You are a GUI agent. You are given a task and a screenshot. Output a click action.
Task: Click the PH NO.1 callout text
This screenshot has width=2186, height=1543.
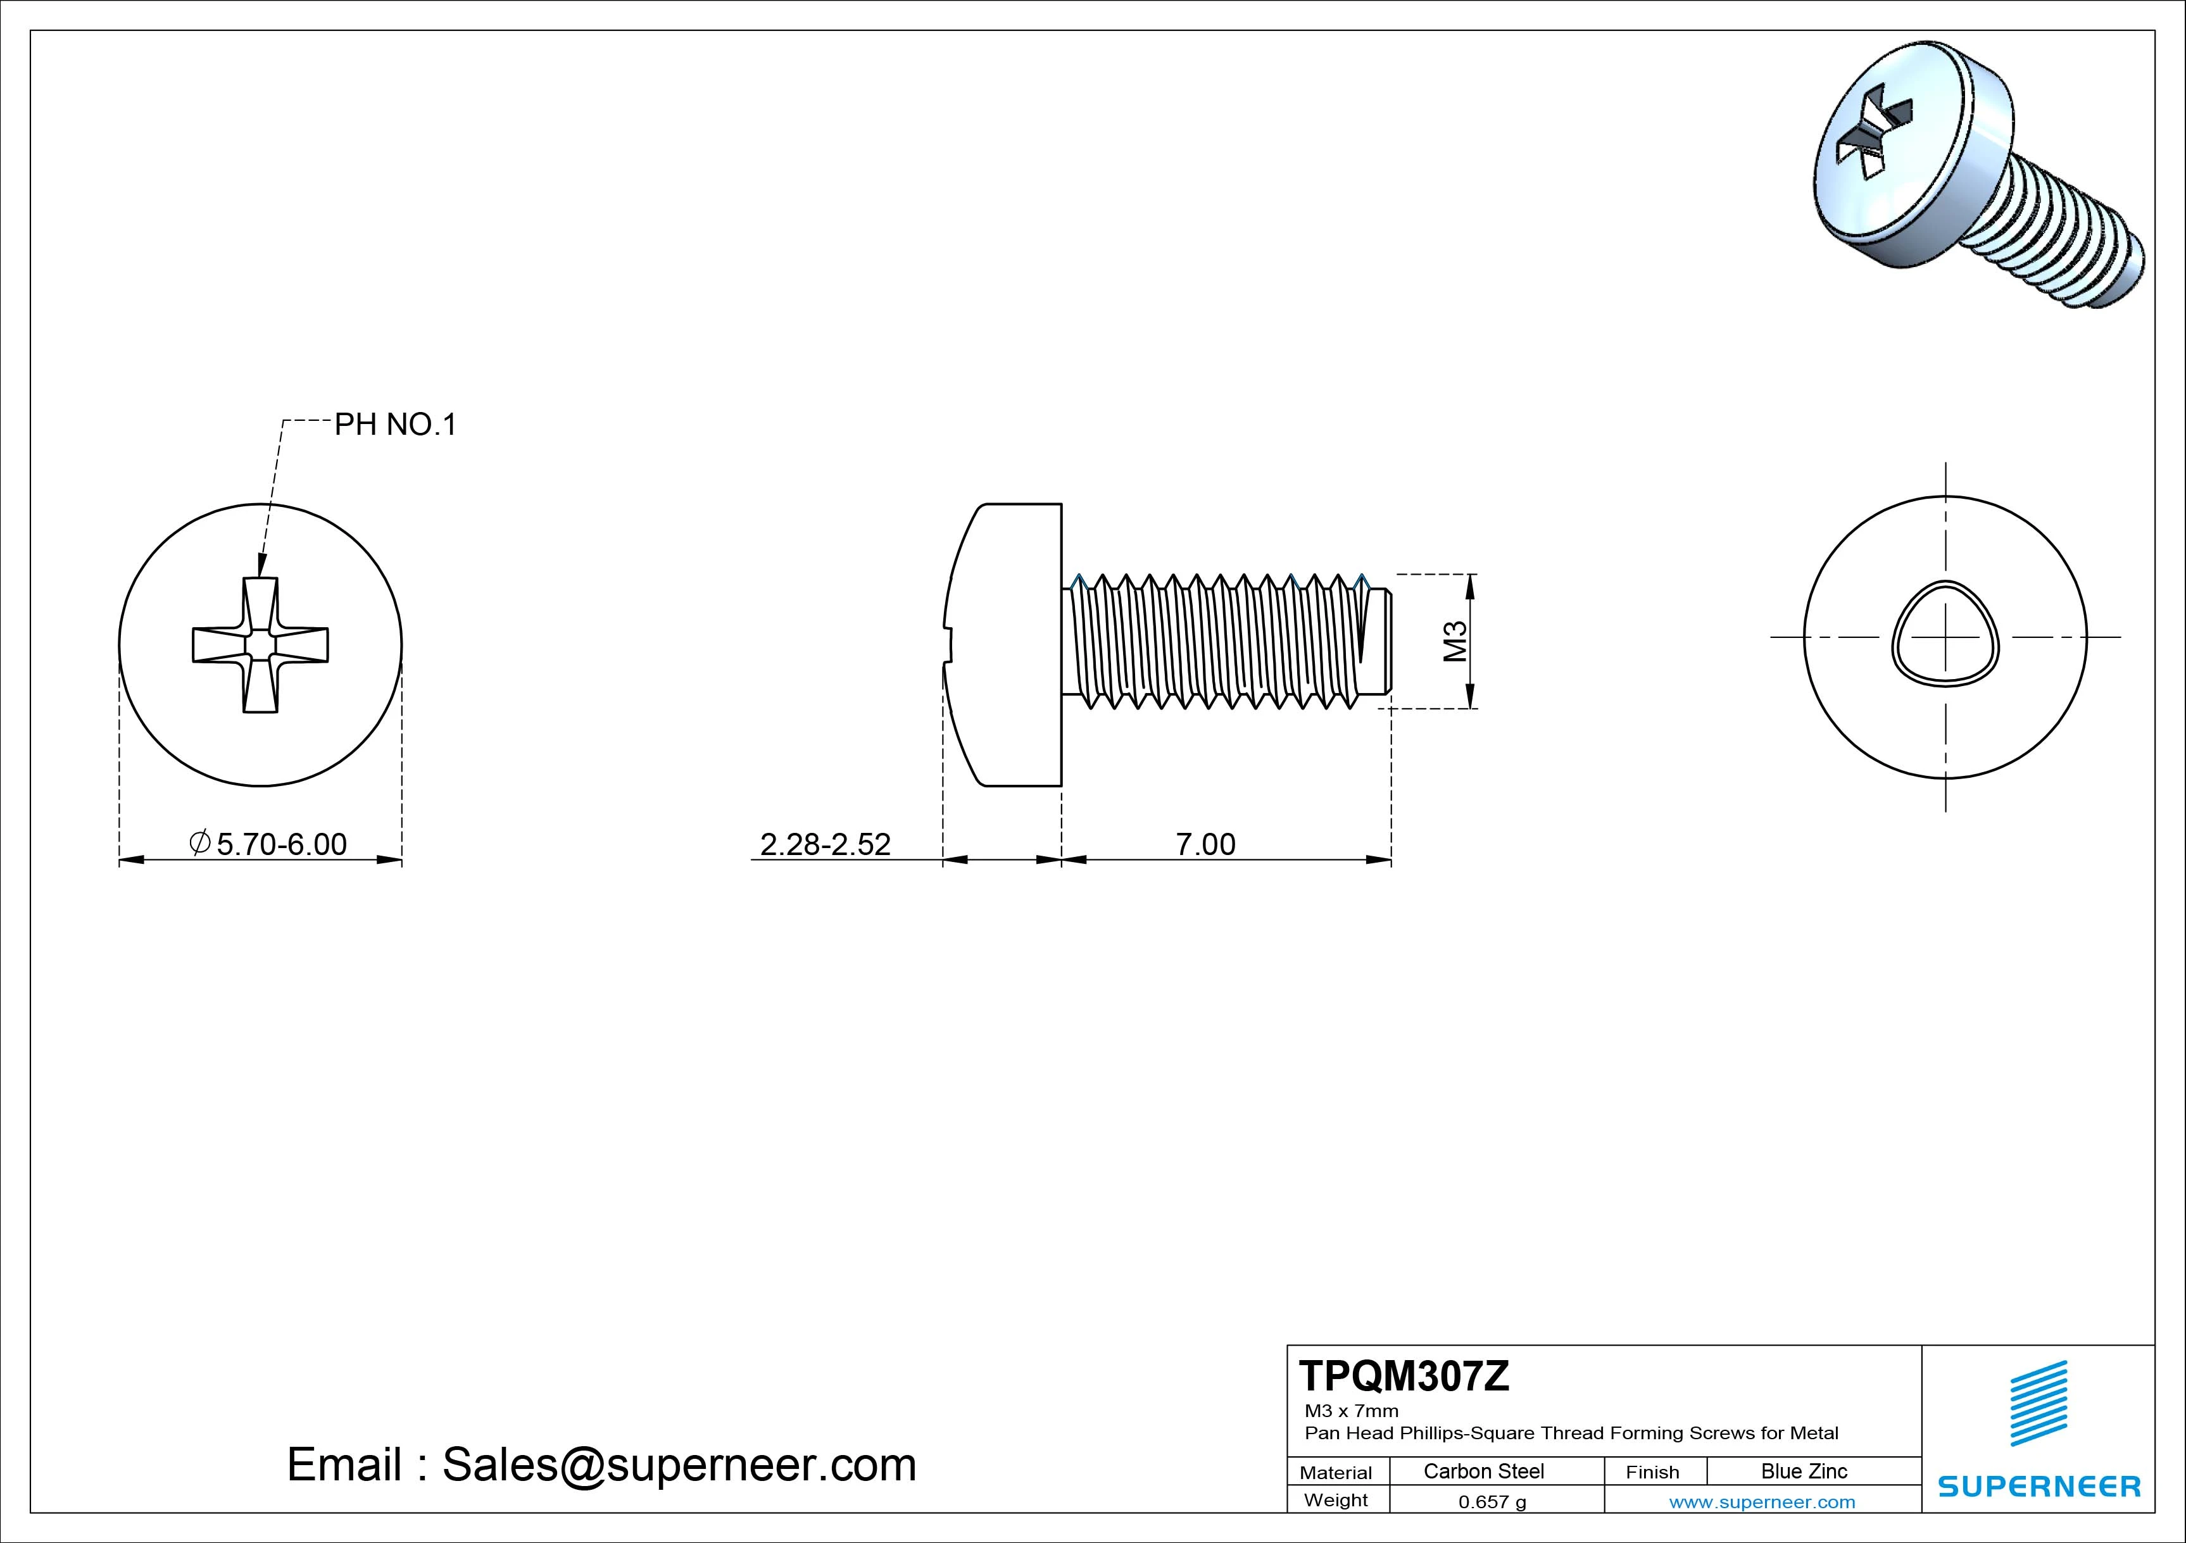tap(395, 425)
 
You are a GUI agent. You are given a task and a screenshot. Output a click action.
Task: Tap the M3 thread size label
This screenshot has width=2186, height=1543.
tap(1455, 640)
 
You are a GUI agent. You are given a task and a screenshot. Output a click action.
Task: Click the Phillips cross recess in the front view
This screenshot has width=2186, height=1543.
tap(260, 644)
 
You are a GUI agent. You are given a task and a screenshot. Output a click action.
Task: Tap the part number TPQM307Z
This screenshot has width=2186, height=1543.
tap(1404, 1377)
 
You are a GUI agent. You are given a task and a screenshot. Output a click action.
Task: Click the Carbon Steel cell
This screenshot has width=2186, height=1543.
tap(1483, 1471)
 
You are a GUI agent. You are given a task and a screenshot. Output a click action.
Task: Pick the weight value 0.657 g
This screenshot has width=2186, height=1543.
tap(1492, 1502)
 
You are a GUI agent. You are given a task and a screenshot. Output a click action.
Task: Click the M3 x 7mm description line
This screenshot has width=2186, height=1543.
tap(1351, 1411)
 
